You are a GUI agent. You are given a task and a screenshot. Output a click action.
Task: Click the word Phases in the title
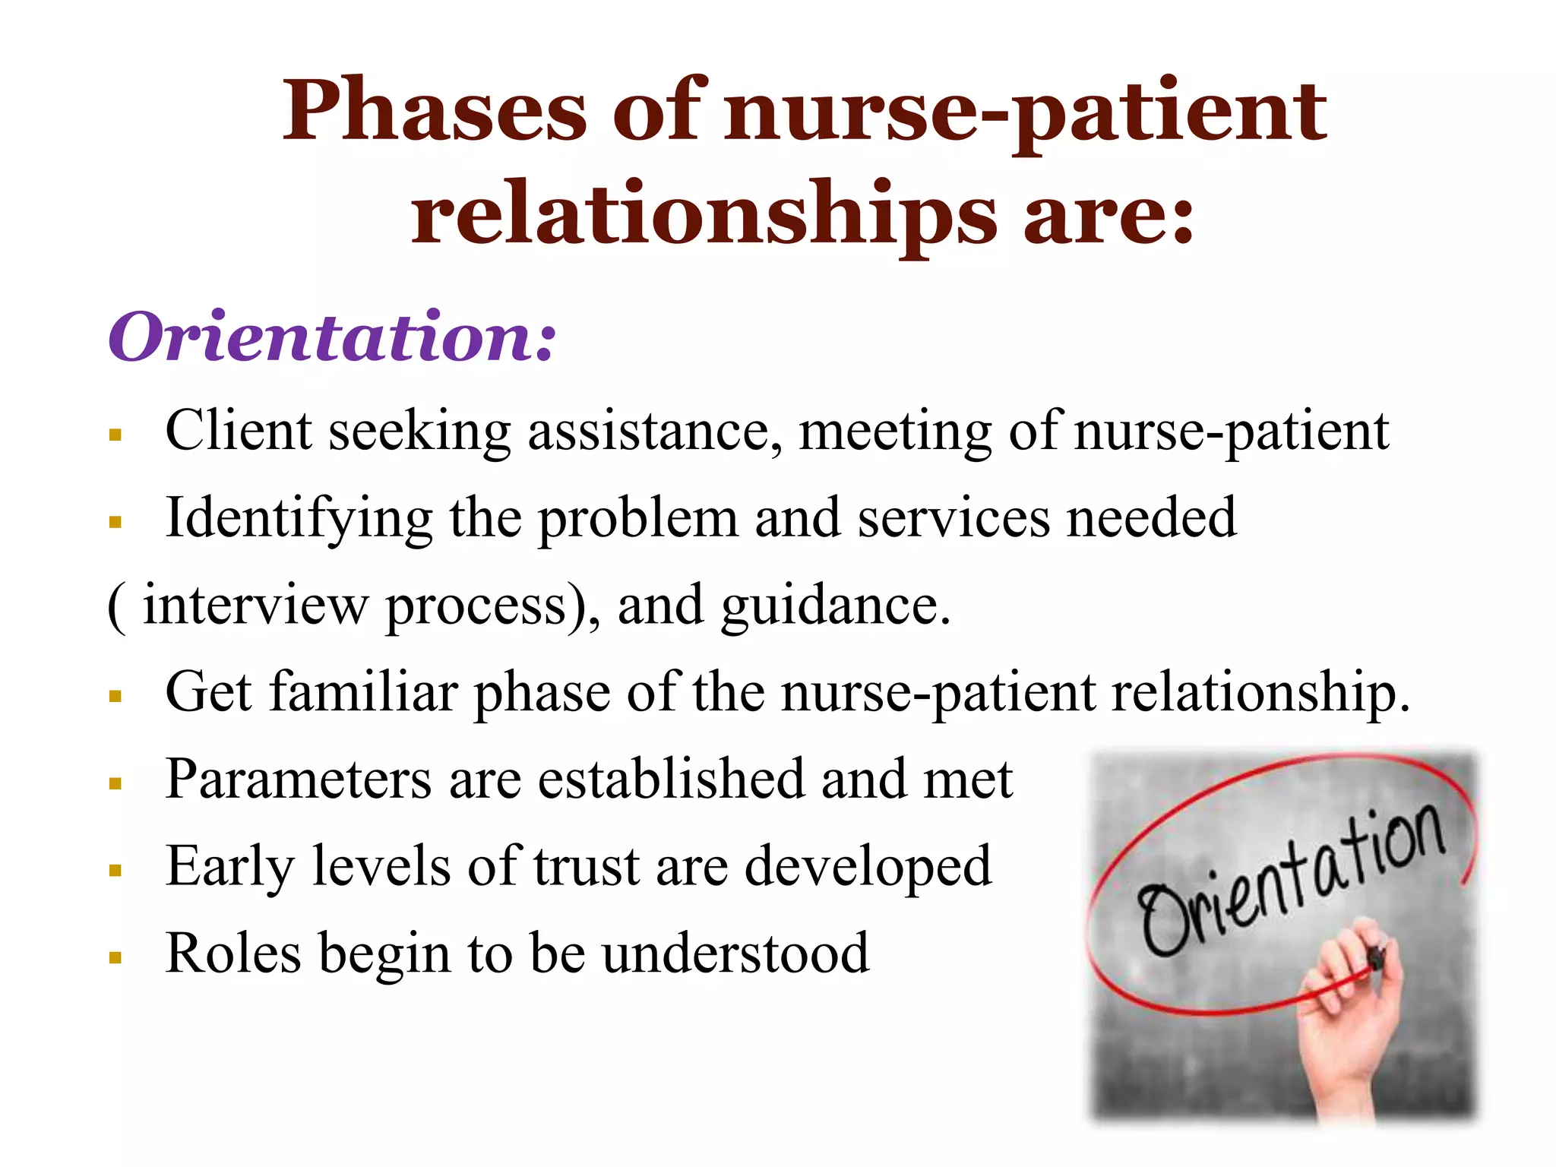click(x=434, y=112)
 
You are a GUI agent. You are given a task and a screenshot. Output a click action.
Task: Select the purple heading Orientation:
click(x=332, y=337)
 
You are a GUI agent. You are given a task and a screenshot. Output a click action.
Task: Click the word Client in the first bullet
click(x=238, y=432)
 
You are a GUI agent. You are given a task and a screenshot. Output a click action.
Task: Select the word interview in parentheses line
click(x=254, y=606)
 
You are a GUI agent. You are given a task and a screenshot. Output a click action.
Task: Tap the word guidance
click(x=834, y=606)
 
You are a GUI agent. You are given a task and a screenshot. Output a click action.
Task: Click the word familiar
click(x=364, y=693)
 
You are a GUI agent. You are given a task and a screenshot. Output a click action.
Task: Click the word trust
click(x=587, y=867)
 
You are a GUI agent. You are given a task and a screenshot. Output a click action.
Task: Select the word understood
click(x=735, y=954)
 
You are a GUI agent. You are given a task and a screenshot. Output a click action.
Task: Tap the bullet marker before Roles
click(x=115, y=957)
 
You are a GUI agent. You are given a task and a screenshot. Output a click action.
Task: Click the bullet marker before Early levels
click(x=115, y=871)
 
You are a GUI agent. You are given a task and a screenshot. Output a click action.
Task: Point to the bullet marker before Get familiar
click(x=115, y=697)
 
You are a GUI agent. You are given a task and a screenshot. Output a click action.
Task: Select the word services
click(x=954, y=519)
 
